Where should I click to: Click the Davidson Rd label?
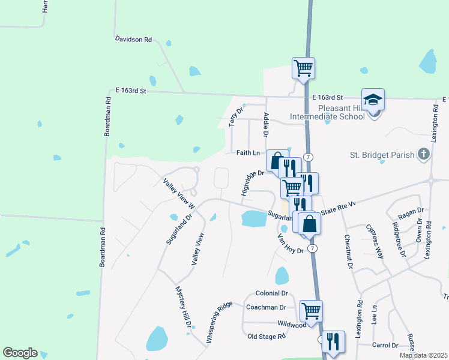(133, 39)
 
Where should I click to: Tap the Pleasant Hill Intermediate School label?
(327, 112)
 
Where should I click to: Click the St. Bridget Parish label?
(382, 155)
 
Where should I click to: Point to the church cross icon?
(423, 154)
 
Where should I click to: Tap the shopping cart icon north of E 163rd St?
(304, 68)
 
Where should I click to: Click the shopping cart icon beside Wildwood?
(311, 311)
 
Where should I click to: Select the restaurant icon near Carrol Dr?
(333, 341)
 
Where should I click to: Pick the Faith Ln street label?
(248, 153)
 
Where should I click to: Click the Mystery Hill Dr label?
(183, 307)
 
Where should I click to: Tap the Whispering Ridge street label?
(219, 321)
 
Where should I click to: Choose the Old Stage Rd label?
(267, 337)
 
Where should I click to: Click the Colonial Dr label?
(271, 293)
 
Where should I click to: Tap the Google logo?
(20, 353)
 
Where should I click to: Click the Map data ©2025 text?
(423, 356)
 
